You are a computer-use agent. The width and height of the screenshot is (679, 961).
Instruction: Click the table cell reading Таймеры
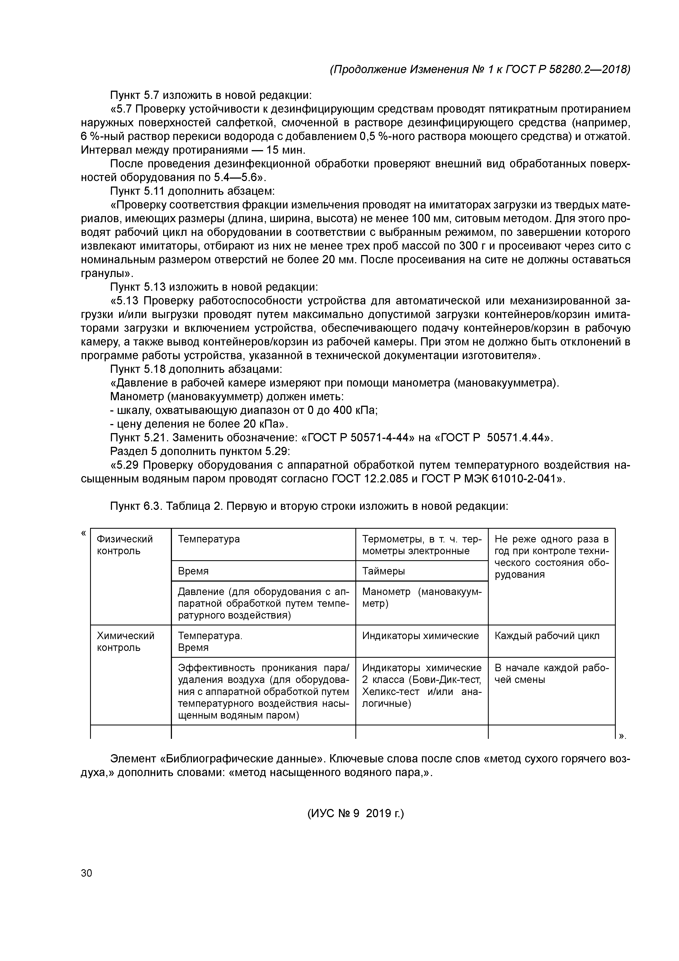coord(383,571)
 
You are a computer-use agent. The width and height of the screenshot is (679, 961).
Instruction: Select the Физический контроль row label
coord(125,545)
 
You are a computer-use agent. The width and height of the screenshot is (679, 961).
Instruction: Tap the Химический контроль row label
coord(125,641)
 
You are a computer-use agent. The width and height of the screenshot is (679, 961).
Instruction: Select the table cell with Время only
coord(193,571)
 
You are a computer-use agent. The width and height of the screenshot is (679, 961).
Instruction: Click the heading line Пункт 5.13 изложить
coord(214,287)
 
